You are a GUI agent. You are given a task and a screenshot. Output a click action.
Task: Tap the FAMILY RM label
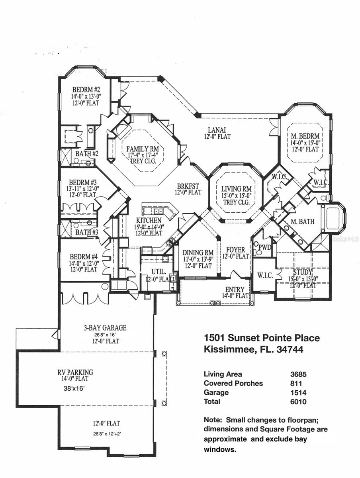[x=143, y=149]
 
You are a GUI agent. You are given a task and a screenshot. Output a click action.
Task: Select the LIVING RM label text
[x=237, y=189]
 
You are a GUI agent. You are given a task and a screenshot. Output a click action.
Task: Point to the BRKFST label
[x=188, y=186]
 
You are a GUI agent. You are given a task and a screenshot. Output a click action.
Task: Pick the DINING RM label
[x=198, y=253]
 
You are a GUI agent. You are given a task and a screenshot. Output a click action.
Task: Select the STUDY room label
[x=303, y=272]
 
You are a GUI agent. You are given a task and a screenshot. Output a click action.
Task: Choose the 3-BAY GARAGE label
[x=105, y=328]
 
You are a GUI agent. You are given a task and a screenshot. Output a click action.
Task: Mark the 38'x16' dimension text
[x=74, y=387]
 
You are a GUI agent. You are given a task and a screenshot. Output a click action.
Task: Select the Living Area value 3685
[x=298, y=374]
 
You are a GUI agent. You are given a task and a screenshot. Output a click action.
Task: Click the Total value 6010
[x=298, y=402]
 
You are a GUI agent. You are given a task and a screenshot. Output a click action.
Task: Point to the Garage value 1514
[x=298, y=392]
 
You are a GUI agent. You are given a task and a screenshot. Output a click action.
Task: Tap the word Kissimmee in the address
[x=226, y=350]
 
